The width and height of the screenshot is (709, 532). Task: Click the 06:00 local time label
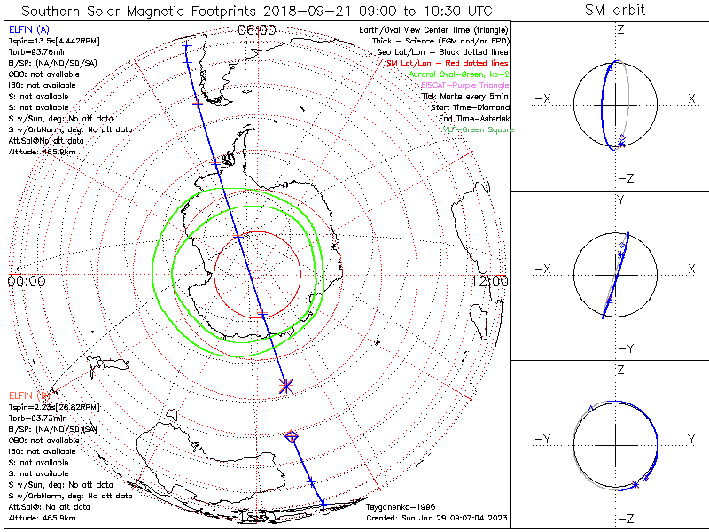pyautogui.click(x=258, y=30)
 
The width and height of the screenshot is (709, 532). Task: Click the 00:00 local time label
pyautogui.click(x=26, y=281)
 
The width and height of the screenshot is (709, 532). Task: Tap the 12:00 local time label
pyautogui.click(x=490, y=281)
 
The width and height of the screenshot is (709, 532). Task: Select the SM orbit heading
pyautogui.click(x=615, y=11)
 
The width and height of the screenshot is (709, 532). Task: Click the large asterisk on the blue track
pyautogui.click(x=285, y=386)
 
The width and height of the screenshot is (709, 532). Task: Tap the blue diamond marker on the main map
pyautogui.click(x=292, y=435)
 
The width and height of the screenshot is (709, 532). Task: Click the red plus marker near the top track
pyautogui.click(x=197, y=104)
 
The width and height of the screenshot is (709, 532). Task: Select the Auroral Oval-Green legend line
pyautogui.click(x=458, y=74)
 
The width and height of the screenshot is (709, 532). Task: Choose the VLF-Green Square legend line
pyautogui.click(x=478, y=129)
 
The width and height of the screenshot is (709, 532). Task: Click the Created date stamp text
pyautogui.click(x=435, y=517)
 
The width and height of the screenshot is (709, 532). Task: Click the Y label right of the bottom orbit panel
pyautogui.click(x=691, y=438)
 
